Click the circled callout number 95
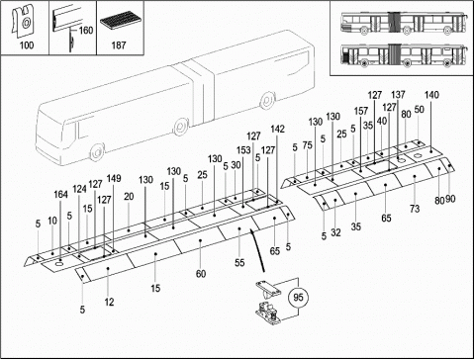tap(298, 298)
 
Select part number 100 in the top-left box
tap(27, 45)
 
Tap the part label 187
tap(119, 45)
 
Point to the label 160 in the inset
tap(86, 31)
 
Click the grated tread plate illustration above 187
tap(120, 21)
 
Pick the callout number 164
tap(60, 195)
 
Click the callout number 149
tap(114, 178)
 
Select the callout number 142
tap(277, 129)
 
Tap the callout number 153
tap(243, 150)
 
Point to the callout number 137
tap(398, 95)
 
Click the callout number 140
tap(431, 95)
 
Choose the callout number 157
tap(361, 111)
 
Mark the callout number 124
tap(79, 189)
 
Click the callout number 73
tap(415, 209)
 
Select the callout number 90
tap(450, 199)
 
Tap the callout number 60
tap(201, 274)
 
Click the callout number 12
tap(109, 302)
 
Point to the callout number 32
tap(335, 232)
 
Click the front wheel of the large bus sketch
tap(97, 152)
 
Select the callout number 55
tap(239, 262)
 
